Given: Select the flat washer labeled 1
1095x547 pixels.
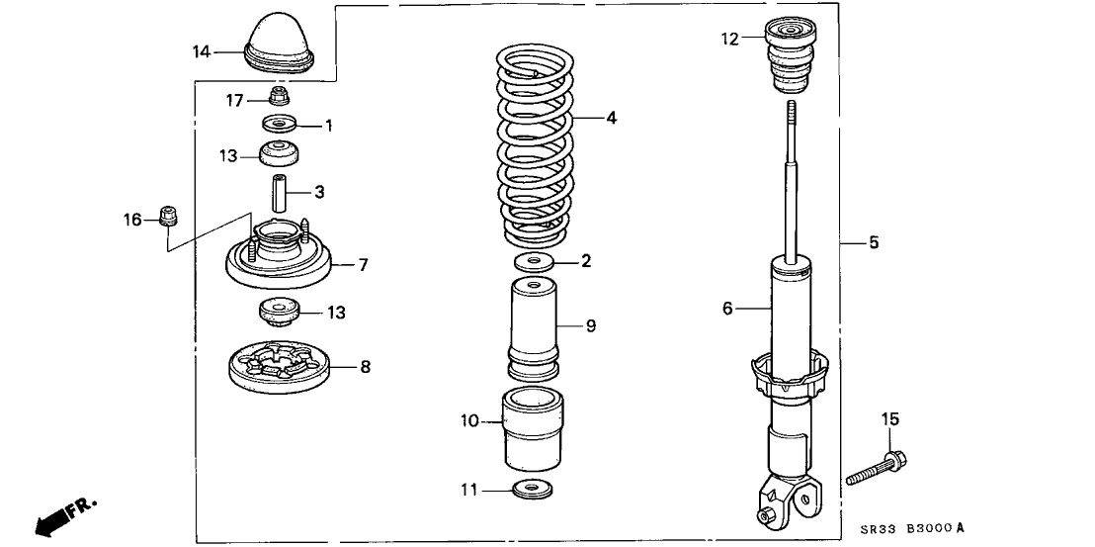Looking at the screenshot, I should click(x=280, y=126).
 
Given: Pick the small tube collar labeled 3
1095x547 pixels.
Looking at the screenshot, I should click(x=279, y=188).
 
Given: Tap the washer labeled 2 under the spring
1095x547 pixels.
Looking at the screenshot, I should click(x=535, y=263).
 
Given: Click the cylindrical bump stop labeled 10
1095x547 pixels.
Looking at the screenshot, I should click(x=535, y=430).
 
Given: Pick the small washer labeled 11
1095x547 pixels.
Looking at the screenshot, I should click(x=535, y=489).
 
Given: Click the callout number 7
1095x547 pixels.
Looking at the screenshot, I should click(x=363, y=265).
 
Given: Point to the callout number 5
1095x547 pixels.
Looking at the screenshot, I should click(x=874, y=241).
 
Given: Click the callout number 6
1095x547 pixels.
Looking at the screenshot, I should click(x=727, y=309).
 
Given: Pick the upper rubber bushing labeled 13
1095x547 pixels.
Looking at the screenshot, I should click(x=280, y=155).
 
